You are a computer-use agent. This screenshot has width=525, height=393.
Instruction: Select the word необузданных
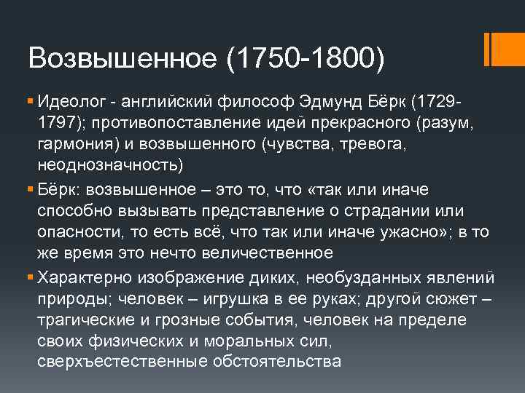pos(361,279)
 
